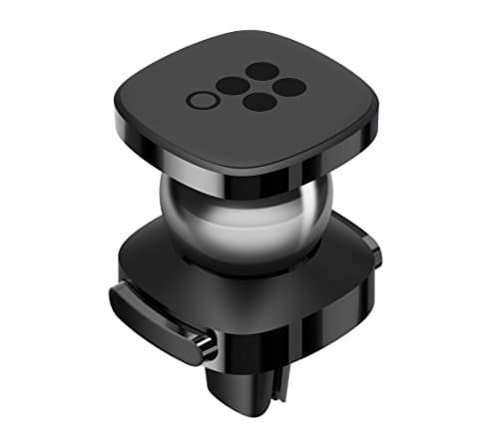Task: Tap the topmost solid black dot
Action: (262, 71)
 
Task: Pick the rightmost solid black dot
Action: (289, 87)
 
